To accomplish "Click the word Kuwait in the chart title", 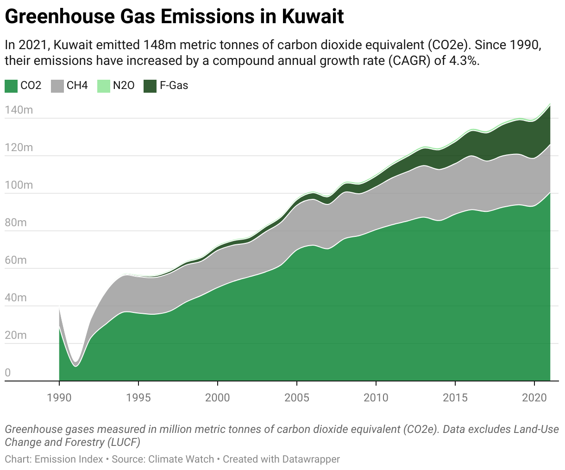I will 313,17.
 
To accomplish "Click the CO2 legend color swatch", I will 11,86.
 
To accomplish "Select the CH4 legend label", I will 77,86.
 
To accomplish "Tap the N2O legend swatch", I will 104,86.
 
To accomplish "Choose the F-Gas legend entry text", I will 174,86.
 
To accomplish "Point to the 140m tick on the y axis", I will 19,110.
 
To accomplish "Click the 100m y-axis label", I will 19,185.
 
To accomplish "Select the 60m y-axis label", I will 16,260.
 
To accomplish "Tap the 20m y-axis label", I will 16,335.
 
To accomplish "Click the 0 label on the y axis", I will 7,373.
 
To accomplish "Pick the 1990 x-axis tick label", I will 59,397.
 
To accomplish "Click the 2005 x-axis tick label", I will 297,397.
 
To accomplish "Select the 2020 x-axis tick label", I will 534,397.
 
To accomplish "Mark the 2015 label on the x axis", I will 455,397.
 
